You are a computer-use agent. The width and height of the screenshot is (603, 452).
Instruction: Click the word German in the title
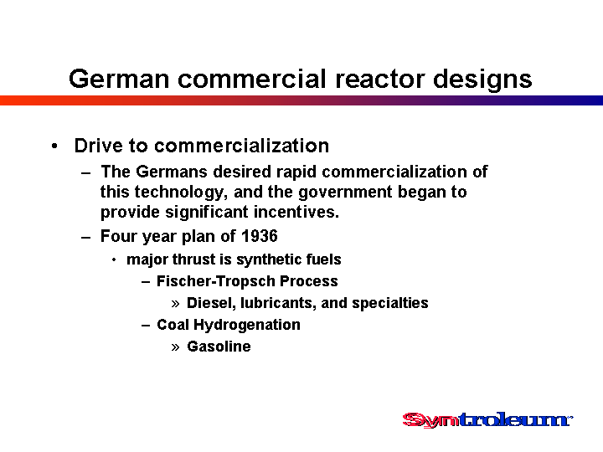119,79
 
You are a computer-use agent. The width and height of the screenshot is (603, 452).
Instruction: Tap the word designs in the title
482,80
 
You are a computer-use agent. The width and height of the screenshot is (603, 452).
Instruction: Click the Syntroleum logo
487,419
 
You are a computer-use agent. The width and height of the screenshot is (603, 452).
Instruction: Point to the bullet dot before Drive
54,146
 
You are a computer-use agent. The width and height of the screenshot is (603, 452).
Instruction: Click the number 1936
260,235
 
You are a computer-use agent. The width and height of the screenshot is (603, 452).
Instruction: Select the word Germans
172,172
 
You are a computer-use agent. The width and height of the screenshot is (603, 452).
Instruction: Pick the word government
345,193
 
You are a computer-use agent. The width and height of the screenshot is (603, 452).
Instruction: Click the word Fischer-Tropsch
216,281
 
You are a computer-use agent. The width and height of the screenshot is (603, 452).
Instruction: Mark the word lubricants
278,303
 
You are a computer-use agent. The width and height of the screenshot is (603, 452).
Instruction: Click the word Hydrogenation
247,325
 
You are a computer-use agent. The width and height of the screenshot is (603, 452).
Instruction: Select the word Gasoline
219,347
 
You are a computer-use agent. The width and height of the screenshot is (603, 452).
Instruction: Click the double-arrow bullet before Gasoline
175,347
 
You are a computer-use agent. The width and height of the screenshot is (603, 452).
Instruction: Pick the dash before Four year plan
86,237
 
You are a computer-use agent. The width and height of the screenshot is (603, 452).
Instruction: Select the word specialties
390,303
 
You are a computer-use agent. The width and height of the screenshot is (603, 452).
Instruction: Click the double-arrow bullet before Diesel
175,304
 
